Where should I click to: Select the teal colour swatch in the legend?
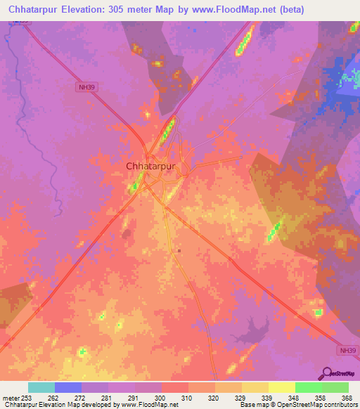[41, 387]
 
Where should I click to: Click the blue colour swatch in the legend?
[67, 387]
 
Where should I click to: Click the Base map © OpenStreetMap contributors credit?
[297, 405]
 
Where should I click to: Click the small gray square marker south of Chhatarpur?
[179, 251]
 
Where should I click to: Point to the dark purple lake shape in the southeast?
[262, 325]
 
